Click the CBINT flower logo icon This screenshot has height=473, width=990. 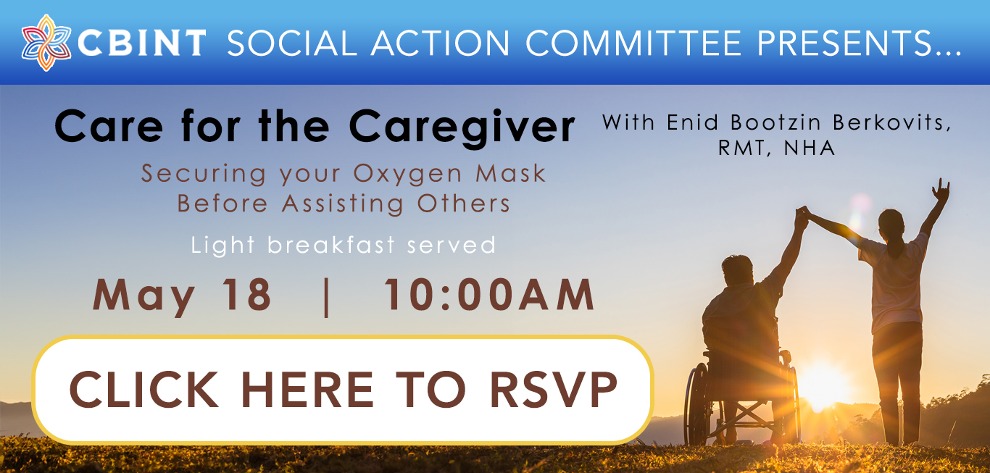(46, 43)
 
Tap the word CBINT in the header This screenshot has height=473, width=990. (142, 43)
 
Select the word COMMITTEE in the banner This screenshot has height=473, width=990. (633, 43)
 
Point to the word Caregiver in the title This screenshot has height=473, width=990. (462, 127)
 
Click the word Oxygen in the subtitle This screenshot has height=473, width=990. (407, 175)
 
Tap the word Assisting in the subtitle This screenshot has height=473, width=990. (343, 204)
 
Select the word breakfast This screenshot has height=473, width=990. (331, 244)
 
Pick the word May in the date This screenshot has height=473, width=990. (143, 298)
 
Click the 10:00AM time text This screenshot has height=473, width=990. (490, 295)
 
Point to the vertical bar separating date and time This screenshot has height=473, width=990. (327, 297)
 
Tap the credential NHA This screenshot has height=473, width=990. (810, 148)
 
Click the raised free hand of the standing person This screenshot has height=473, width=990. (941, 190)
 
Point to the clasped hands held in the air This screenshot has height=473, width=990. (802, 218)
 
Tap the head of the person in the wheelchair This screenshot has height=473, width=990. (737, 270)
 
